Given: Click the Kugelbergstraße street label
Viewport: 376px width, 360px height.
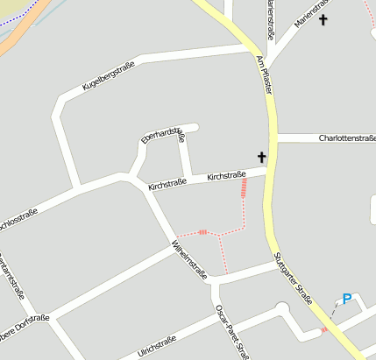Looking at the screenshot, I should (108, 77).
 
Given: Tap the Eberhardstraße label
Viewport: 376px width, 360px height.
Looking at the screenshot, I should (163, 133).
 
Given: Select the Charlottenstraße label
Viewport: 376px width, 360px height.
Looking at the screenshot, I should (347, 138).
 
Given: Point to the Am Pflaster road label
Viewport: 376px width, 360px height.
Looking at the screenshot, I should (264, 74).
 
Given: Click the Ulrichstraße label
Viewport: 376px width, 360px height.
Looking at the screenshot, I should (157, 345).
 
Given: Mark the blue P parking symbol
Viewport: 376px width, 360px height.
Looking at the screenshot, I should (347, 300).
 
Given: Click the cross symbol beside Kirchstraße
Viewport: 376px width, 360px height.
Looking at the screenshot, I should (260, 157).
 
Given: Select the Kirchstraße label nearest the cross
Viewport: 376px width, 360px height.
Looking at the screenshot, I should (225, 177).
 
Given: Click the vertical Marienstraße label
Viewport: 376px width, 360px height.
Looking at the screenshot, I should (270, 19).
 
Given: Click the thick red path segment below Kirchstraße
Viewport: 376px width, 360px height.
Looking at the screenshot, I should (244, 194).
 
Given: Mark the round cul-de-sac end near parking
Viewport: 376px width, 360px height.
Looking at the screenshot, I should (280, 308).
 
